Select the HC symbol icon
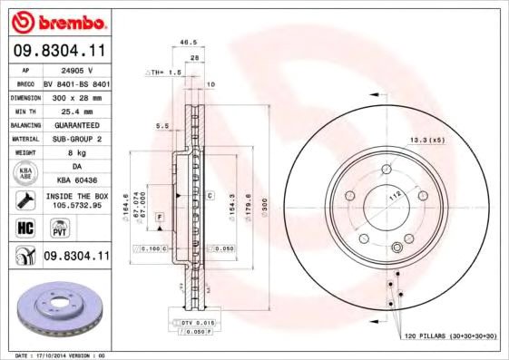(22, 227)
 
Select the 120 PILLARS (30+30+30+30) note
(451, 336)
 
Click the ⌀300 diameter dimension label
(265, 208)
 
